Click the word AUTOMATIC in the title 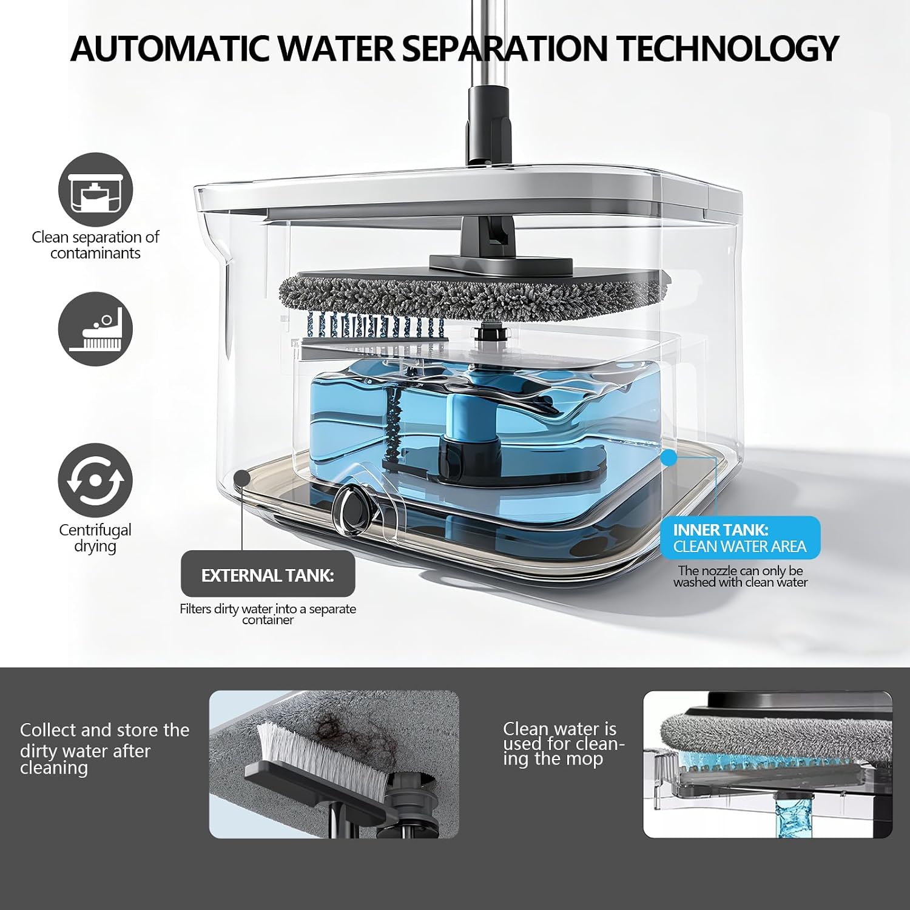(170, 49)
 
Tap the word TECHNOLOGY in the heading (727, 49)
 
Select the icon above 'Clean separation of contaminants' (95, 190)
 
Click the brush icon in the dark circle (95, 329)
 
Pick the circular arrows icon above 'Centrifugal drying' (95, 480)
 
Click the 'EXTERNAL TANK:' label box (268, 575)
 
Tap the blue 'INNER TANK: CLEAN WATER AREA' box (740, 538)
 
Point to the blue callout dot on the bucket (669, 458)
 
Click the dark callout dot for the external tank (242, 478)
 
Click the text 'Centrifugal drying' (95, 538)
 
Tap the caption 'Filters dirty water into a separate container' (268, 614)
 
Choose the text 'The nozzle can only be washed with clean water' (740, 576)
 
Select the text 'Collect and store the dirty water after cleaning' (104, 749)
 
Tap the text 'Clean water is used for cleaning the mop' (564, 744)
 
